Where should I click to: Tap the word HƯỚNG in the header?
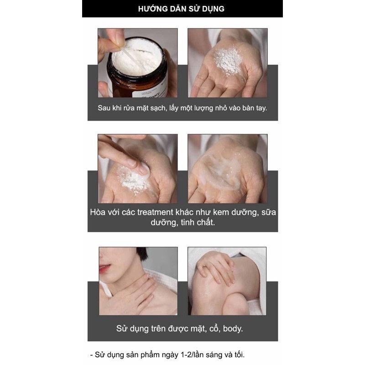click(x=150, y=9)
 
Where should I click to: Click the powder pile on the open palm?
click(x=227, y=61)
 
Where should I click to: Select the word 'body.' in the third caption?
click(x=233, y=328)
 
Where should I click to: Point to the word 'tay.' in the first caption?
click(x=261, y=108)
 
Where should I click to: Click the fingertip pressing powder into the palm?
click(x=144, y=169)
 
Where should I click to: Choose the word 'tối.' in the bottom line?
click(x=239, y=355)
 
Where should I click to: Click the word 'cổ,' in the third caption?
click(x=214, y=328)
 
